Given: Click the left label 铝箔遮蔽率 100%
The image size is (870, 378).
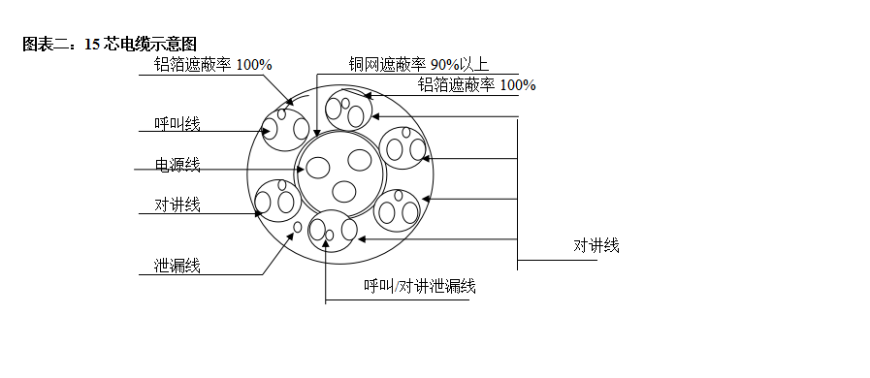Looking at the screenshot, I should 212,65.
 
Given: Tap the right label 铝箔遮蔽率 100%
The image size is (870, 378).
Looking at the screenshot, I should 476,85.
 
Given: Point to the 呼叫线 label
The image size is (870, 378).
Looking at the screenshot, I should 177,124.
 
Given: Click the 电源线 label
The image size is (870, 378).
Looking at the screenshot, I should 177,165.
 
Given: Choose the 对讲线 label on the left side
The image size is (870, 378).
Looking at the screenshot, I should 177,205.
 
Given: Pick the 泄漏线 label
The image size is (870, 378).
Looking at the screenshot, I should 177,266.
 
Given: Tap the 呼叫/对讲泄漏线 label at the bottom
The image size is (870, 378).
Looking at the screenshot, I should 419,286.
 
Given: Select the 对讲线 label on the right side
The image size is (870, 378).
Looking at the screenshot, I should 596,245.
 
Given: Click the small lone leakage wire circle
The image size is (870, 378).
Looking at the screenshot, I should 299,228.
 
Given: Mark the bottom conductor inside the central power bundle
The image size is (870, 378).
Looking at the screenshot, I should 342,188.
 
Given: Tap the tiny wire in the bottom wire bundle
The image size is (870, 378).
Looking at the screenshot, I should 330,235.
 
